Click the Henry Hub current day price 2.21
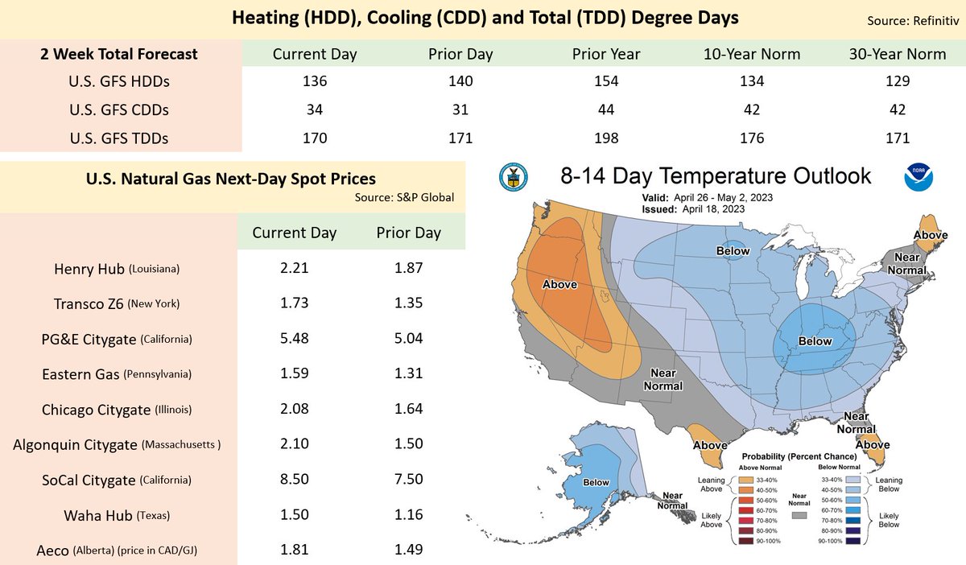coord(295,269)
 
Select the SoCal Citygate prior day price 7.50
coord(409,480)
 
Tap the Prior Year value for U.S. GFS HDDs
coord(606,81)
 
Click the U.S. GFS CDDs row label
coord(119,109)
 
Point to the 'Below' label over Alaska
coord(597,482)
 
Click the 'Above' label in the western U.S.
coord(559,284)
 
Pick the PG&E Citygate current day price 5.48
coord(295,339)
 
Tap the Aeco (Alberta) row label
coord(119,551)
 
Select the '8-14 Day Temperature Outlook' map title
coord(716,176)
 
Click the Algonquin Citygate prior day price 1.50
coord(409,444)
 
